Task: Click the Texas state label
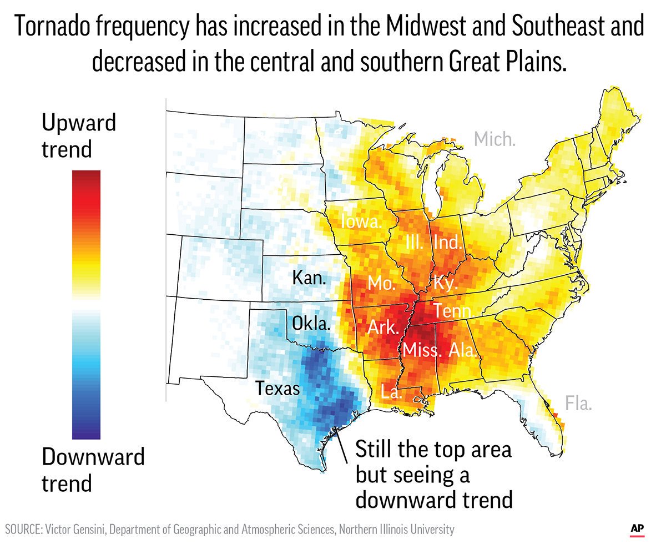tap(277, 388)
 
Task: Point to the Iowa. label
tap(361, 223)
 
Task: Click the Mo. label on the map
tap(381, 284)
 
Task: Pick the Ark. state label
tap(384, 328)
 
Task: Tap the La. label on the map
tap(391, 392)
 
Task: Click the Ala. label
tap(462, 350)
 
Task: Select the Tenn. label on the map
tap(453, 311)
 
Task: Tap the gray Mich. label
tap(495, 139)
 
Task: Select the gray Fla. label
tap(578, 403)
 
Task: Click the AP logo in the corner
tap(637, 528)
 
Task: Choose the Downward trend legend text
tap(93, 470)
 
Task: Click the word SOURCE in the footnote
tap(28, 529)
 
